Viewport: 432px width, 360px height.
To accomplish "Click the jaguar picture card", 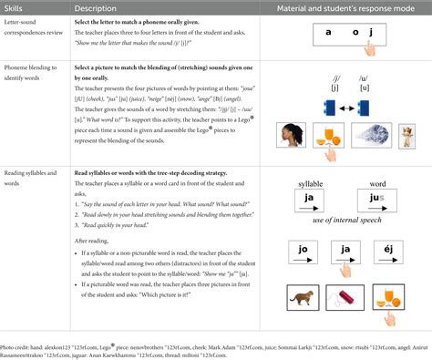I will click(304, 294).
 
